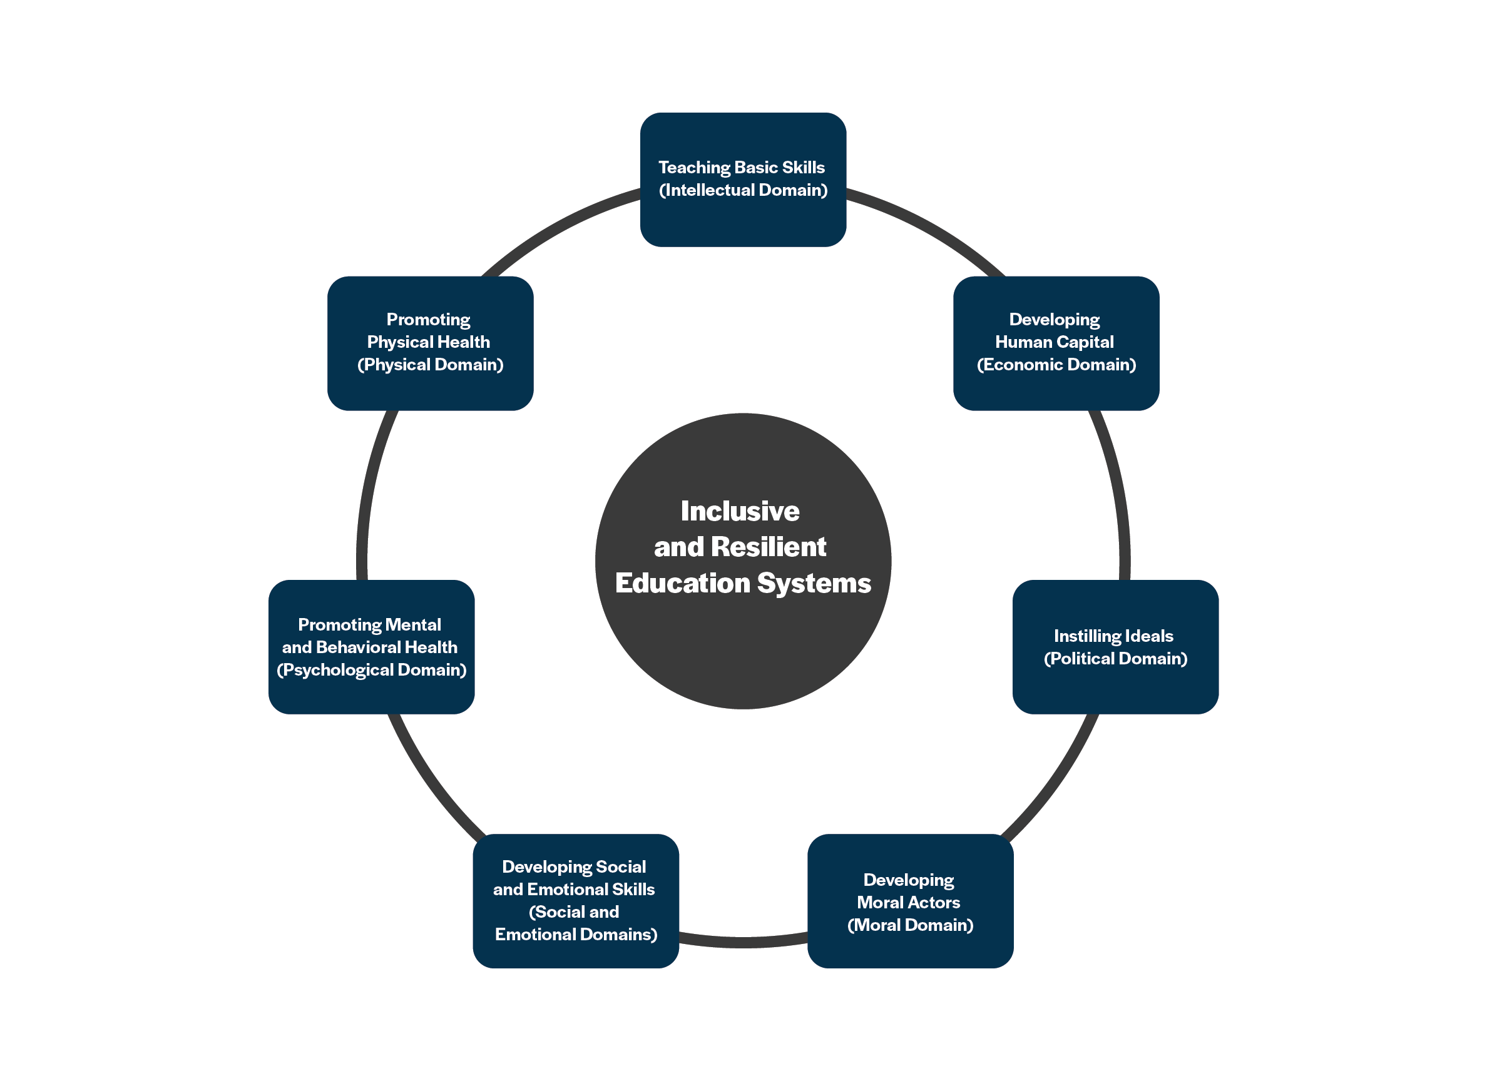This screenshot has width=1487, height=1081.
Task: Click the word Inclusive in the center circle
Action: (740, 511)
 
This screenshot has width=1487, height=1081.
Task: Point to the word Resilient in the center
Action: (769, 547)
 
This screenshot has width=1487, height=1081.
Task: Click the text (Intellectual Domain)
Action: (743, 190)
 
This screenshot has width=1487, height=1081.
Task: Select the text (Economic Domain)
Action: (1056, 365)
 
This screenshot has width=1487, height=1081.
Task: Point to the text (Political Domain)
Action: (1115, 658)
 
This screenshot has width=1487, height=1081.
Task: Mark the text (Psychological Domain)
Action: (371, 669)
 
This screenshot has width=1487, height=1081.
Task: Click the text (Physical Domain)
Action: (430, 365)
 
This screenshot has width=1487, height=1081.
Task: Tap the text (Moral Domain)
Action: (910, 925)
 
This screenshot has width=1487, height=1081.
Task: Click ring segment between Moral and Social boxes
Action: (743, 942)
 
